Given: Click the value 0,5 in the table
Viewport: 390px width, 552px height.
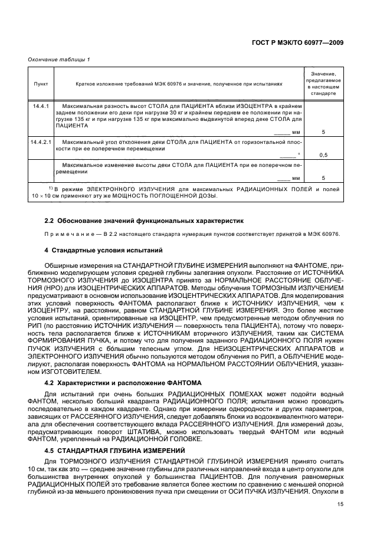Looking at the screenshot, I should pos(323,156).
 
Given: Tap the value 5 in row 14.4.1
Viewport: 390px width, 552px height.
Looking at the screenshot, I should pos(323,132).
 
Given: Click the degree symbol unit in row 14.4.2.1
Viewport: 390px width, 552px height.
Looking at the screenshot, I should pos(299,155).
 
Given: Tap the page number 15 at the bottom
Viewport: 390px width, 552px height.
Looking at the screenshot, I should pos(340,504).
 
